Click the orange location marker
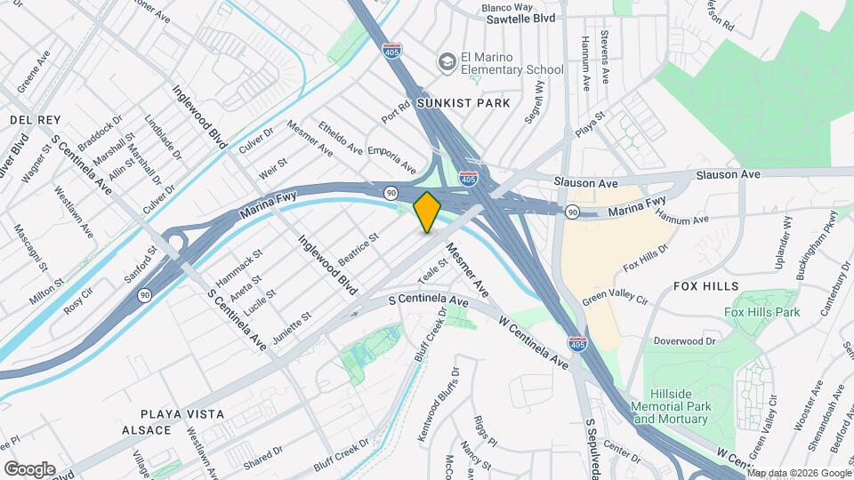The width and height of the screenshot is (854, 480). pos(427,212)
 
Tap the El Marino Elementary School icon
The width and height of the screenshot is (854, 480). pos(445,61)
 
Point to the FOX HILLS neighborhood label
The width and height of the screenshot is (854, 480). pos(706,286)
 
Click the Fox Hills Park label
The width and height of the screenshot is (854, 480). pos(761,312)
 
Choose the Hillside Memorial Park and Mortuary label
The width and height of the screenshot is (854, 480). pos(681,412)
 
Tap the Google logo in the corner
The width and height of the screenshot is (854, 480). pos(28,468)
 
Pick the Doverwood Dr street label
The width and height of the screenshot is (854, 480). pos(685,340)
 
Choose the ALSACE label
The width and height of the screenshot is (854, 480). pos(146,430)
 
